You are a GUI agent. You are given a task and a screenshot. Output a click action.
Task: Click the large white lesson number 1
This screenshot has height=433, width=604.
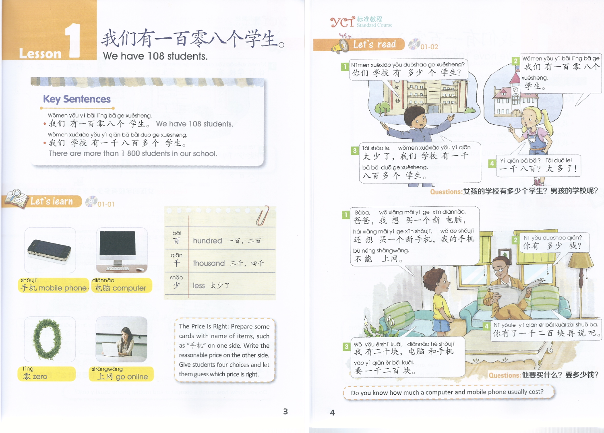click(74, 40)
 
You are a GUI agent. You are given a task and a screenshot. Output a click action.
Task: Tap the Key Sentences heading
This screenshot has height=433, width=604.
click(77, 99)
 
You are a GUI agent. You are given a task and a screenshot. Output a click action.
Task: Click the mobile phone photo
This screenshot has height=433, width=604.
click(50, 250)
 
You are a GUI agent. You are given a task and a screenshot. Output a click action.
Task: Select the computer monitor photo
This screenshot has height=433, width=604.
click(122, 250)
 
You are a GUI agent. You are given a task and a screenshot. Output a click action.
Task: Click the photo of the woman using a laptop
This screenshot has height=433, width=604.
click(121, 339)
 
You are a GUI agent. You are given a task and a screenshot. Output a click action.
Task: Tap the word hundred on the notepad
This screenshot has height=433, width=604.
click(207, 241)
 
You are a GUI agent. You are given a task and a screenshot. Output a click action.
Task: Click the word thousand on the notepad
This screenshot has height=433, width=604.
click(209, 263)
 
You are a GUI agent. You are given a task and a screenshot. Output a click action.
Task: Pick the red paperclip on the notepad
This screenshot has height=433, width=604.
click(263, 216)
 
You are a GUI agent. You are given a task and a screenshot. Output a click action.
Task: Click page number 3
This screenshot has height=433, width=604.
click(285, 411)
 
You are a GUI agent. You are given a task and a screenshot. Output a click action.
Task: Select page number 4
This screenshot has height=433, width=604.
click(332, 412)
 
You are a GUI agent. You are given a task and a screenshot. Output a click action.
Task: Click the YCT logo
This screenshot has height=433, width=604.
click(342, 22)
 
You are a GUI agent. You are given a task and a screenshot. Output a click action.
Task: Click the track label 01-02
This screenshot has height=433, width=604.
click(429, 47)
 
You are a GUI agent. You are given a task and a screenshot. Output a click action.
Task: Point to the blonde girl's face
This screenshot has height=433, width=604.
click(533, 117)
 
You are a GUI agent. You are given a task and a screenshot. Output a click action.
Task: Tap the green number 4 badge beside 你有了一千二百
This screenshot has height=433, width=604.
click(487, 326)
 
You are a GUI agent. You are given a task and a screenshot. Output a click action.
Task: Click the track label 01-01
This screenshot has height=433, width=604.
click(106, 204)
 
